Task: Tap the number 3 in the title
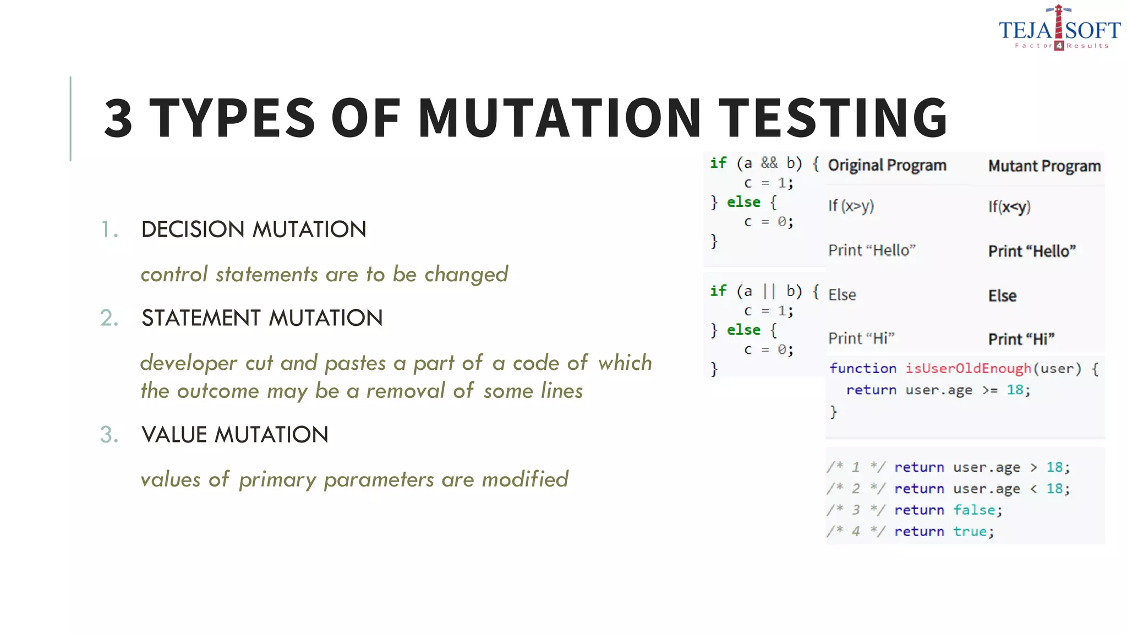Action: point(118,118)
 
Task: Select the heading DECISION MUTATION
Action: point(254,229)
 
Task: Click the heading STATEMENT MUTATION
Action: point(262,318)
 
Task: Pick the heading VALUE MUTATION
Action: point(235,435)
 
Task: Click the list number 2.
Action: point(109,318)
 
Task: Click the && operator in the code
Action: point(769,163)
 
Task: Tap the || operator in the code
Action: point(769,291)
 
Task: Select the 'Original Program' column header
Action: point(887,165)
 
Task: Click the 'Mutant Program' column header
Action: point(1044,166)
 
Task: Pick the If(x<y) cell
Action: point(1009,207)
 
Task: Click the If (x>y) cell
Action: point(851,206)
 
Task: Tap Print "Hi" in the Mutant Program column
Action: point(1021,339)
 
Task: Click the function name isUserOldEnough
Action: point(968,368)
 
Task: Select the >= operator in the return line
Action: point(989,390)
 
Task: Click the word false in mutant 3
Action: point(974,510)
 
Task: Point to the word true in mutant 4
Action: point(970,532)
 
